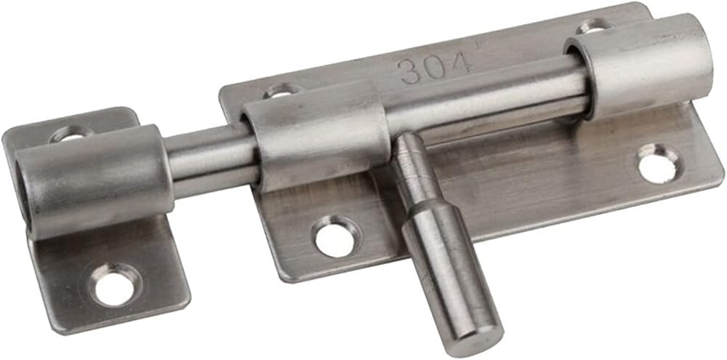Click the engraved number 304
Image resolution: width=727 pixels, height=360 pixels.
435,68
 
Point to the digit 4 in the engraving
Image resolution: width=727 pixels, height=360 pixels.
460,64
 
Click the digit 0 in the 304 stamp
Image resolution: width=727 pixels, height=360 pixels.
435,68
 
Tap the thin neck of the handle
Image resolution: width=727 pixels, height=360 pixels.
415,169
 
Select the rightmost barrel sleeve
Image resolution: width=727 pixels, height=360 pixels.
640,65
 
